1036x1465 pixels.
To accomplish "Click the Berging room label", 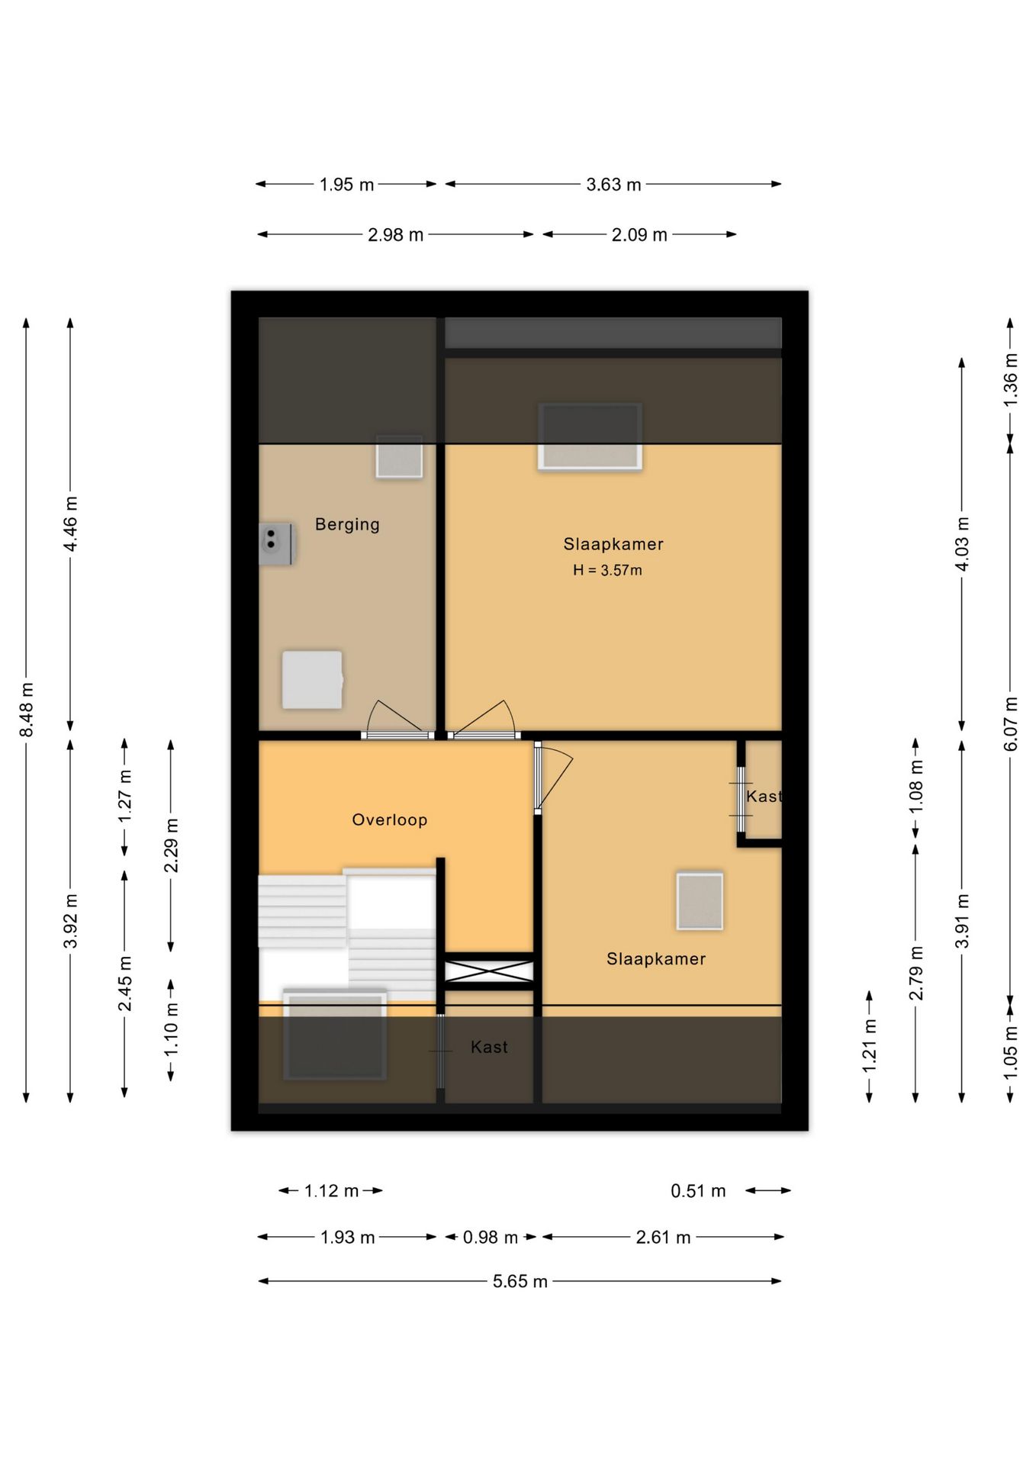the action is (347, 525).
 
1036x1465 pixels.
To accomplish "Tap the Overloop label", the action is (389, 819).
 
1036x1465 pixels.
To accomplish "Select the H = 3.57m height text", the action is (607, 570).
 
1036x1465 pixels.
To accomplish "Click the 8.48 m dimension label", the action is (27, 710).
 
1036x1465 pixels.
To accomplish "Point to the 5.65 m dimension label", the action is (520, 1281).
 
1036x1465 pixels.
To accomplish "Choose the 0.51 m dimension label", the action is (698, 1191).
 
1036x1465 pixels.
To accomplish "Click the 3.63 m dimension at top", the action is (613, 185).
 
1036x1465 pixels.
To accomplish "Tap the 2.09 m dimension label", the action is (639, 235).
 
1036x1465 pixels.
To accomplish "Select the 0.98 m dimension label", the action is (491, 1237).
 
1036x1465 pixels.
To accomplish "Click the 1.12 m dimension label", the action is (331, 1191).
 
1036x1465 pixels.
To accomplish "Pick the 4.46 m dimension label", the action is (70, 524).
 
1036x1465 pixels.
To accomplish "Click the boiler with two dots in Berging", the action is (276, 543).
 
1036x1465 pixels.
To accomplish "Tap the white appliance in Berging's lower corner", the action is (313, 680).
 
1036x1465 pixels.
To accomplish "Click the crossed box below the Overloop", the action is (489, 971).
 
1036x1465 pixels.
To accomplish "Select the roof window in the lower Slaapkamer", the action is (700, 901).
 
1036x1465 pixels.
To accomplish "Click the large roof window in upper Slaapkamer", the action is (590, 436).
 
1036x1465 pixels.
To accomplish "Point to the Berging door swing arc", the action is (371, 716).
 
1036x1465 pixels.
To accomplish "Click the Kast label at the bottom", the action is (489, 1048).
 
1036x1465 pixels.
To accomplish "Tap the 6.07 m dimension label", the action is (1010, 723).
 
